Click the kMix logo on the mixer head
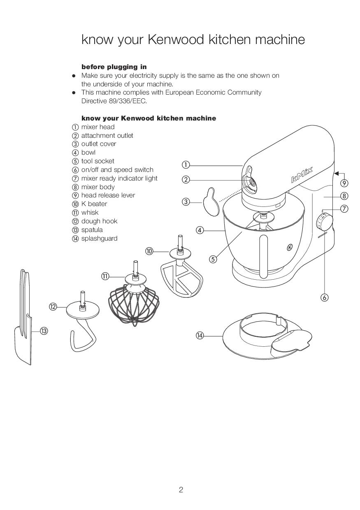(302, 174)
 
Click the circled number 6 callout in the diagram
(325, 297)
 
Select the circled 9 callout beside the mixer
(344, 183)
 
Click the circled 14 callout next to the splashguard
(200, 336)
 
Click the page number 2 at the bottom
(181, 489)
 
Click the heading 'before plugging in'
(114, 67)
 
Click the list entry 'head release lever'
(108, 195)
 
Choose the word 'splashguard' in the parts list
(99, 239)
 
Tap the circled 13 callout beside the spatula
(44, 331)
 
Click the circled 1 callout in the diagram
(186, 165)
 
